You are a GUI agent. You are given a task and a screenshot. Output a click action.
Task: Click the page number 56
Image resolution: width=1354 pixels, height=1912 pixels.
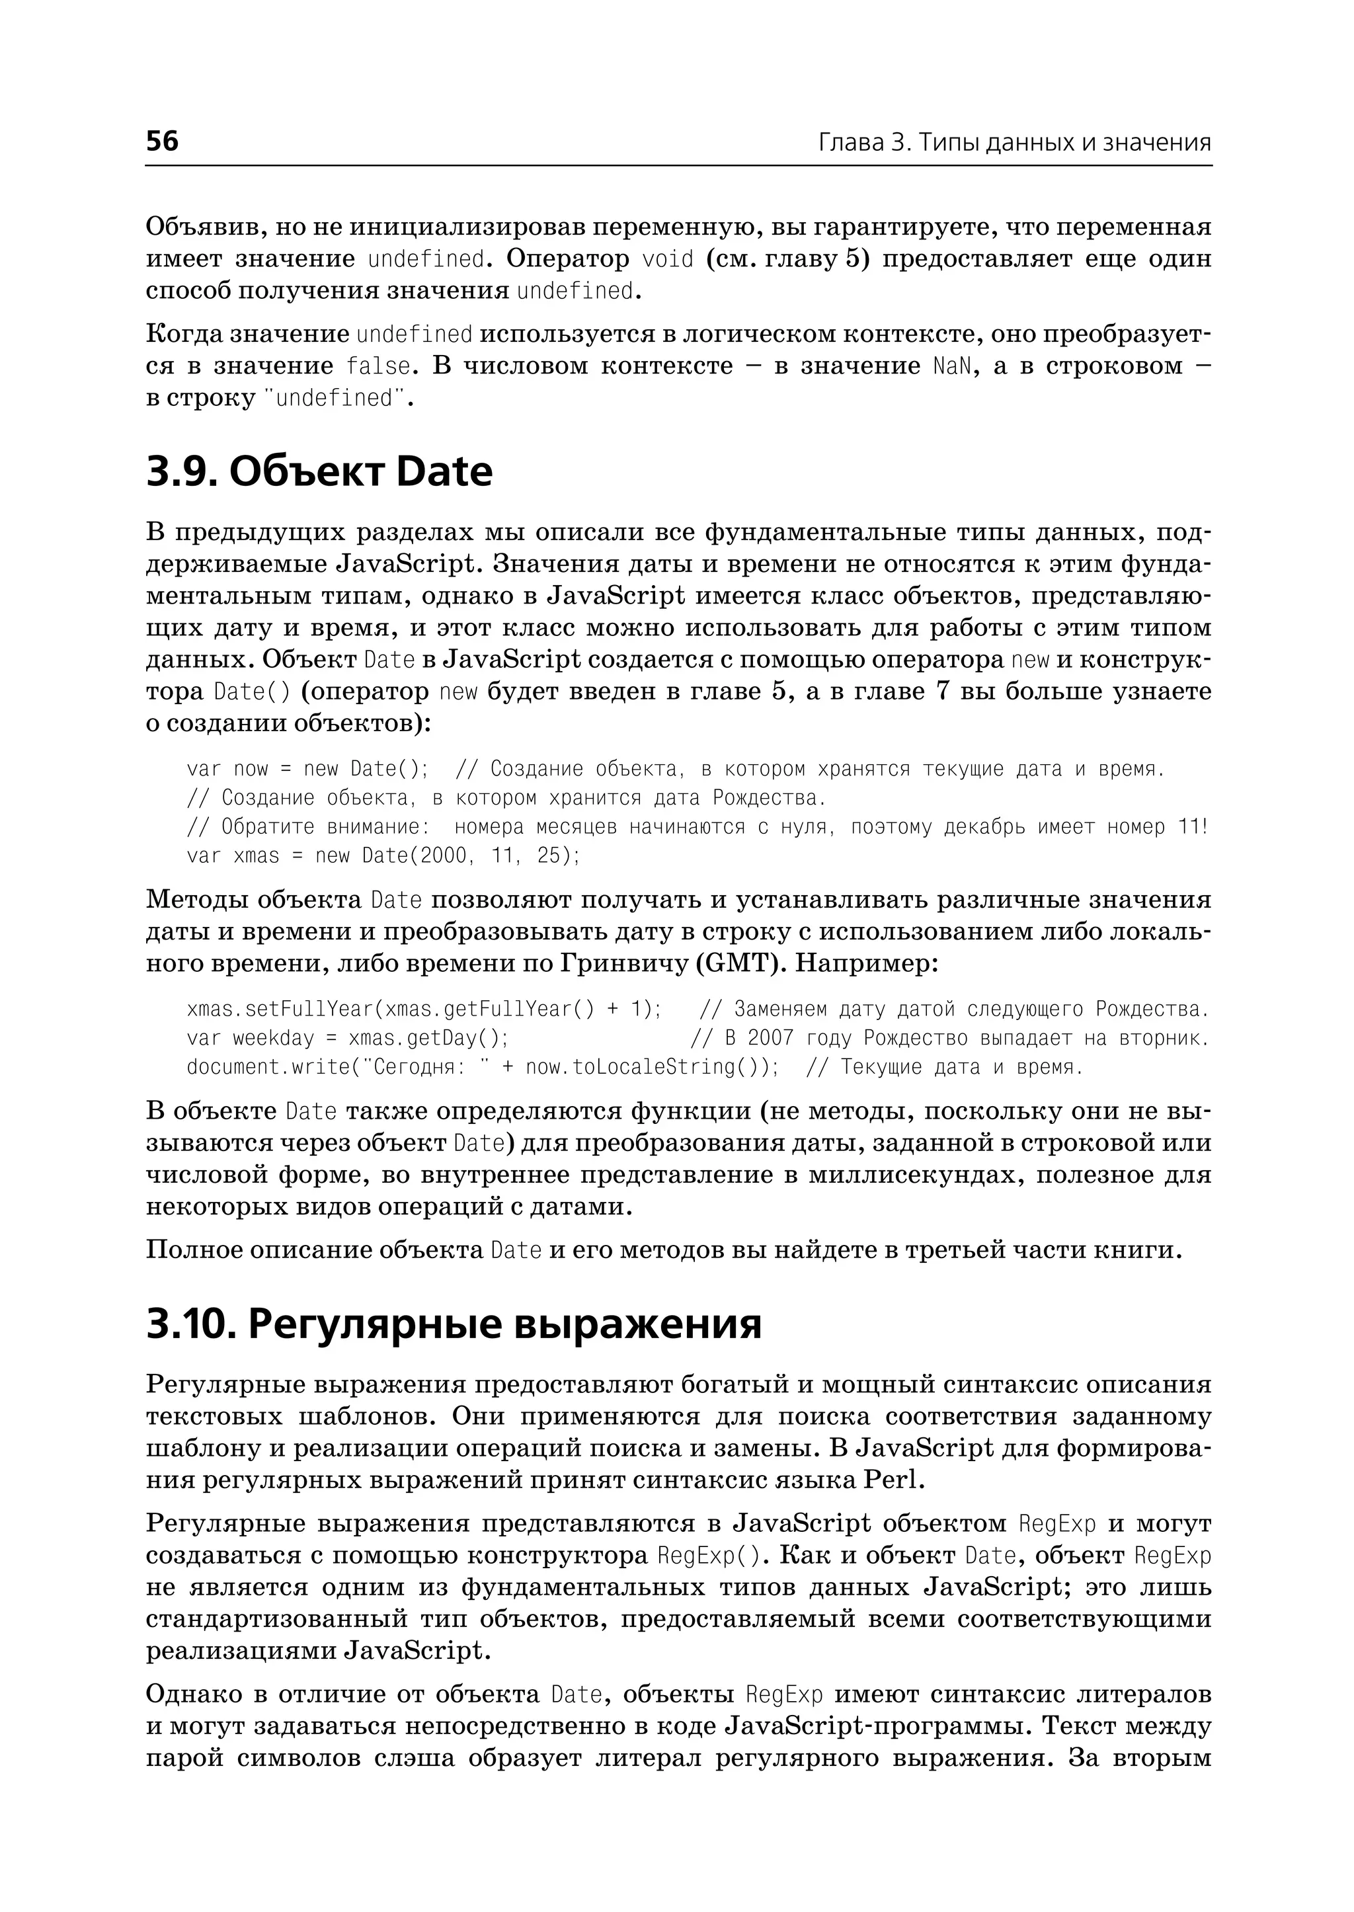point(162,141)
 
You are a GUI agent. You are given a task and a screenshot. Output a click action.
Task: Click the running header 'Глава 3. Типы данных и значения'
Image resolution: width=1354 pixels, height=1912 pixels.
point(1014,143)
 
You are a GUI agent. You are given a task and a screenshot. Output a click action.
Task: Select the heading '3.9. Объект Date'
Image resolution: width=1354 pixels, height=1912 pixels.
point(319,472)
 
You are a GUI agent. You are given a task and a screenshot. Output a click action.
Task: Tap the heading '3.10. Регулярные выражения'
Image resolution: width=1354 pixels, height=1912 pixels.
point(454,1324)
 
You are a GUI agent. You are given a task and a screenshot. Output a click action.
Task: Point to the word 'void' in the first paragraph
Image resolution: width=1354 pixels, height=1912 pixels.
point(668,259)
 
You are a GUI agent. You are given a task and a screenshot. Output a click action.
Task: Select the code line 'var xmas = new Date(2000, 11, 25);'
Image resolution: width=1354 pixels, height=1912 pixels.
point(383,856)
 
